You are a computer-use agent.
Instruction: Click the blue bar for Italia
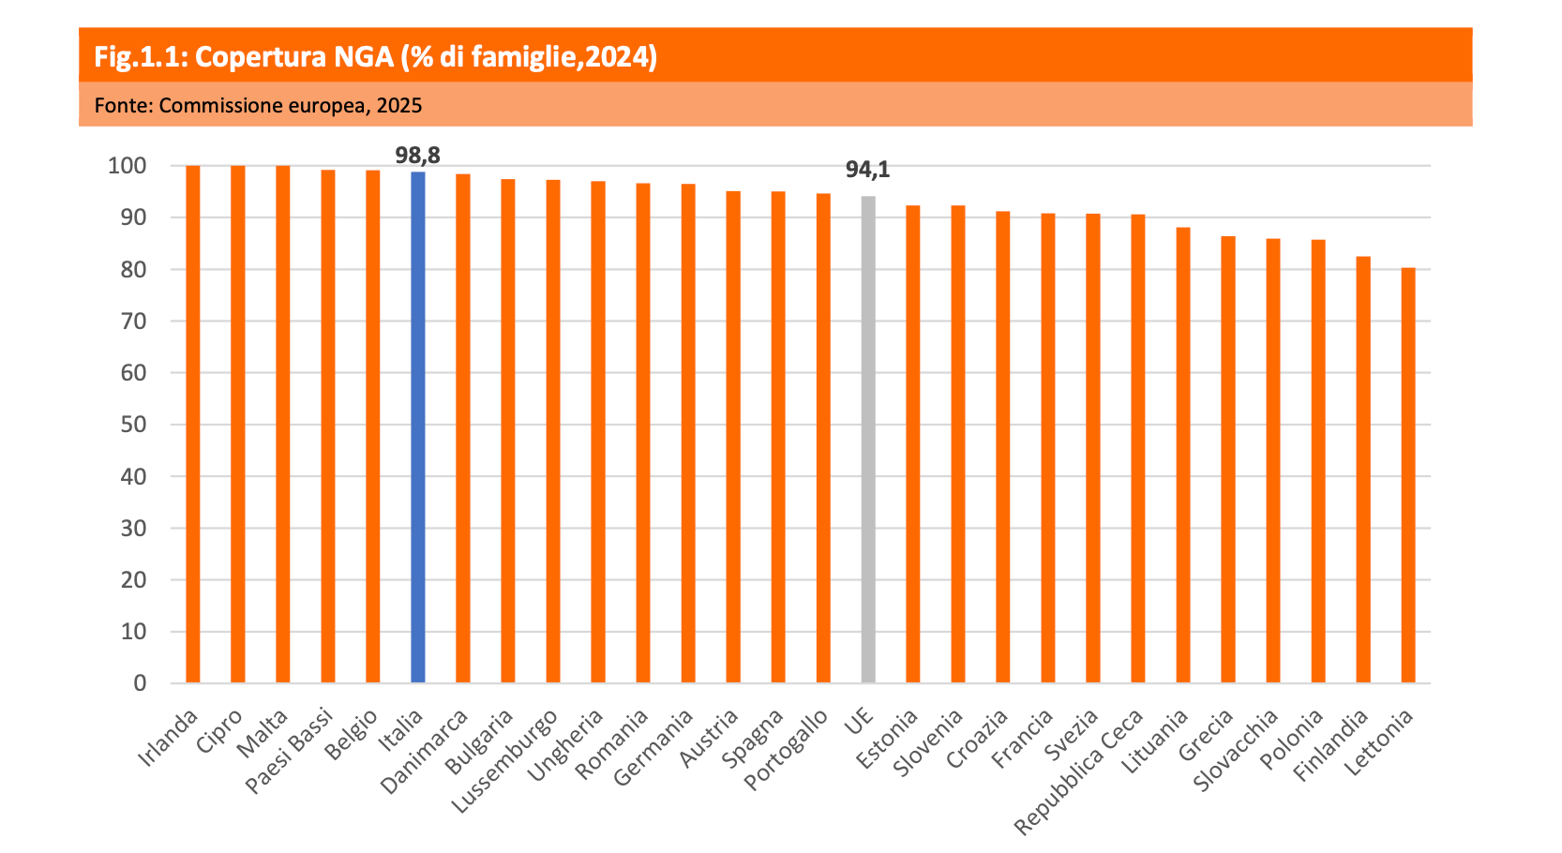[x=418, y=426]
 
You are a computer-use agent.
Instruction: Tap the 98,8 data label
[x=418, y=155]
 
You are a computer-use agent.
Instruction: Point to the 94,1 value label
[x=867, y=170]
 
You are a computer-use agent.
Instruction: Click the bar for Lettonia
[x=1408, y=474]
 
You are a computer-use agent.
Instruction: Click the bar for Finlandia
[x=1363, y=469]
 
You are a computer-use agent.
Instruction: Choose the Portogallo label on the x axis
[x=787, y=751]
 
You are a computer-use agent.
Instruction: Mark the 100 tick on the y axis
[x=128, y=166]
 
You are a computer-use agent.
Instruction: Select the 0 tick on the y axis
[x=141, y=683]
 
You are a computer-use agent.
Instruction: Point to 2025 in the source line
[x=399, y=105]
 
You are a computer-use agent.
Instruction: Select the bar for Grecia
[x=1228, y=459]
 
